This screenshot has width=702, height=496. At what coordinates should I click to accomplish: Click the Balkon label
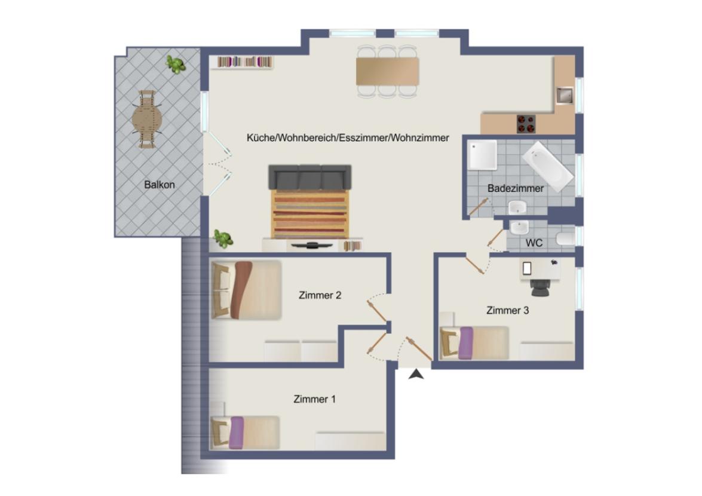click(x=160, y=185)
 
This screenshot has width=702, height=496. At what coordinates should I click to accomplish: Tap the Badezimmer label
click(x=516, y=188)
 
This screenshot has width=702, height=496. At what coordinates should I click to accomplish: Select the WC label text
click(x=534, y=243)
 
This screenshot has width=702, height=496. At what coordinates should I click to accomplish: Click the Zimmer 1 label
click(x=314, y=399)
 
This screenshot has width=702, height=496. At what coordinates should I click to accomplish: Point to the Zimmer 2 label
click(x=320, y=295)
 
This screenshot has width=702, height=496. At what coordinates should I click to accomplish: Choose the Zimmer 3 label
click(x=507, y=310)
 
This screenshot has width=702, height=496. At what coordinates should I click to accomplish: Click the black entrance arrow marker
click(x=417, y=375)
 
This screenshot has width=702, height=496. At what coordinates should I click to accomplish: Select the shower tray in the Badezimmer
click(x=482, y=155)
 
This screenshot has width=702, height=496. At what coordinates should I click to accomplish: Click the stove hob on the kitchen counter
click(x=526, y=124)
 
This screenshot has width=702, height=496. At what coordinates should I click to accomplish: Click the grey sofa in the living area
click(x=309, y=177)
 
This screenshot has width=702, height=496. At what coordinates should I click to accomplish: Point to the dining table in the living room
click(x=387, y=71)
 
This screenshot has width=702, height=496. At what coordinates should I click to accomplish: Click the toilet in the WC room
click(x=565, y=240)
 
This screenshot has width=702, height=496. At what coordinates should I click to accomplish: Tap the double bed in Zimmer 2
click(x=246, y=290)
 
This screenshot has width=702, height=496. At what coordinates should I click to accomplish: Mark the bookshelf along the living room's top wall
click(x=245, y=62)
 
